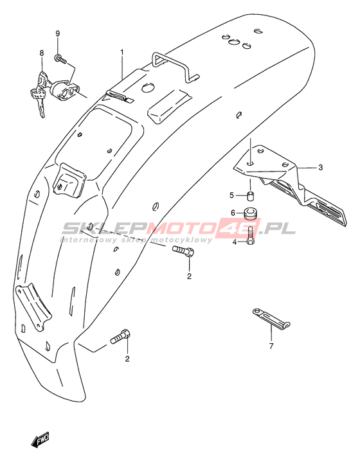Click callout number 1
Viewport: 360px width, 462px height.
[122, 53]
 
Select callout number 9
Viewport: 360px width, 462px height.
[58, 33]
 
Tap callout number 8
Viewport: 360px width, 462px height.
[42, 53]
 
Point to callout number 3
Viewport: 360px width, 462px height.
[321, 167]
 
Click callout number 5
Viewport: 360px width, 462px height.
[231, 195]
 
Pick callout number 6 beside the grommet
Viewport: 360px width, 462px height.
[233, 213]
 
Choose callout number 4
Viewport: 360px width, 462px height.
[235, 242]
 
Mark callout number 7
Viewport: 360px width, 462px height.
[271, 346]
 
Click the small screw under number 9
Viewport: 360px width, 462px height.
[60, 59]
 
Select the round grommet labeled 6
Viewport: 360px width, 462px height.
[251, 213]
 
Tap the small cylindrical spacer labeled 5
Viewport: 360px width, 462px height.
[251, 196]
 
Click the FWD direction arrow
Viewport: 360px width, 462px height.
[40, 440]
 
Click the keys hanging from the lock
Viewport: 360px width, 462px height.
[39, 101]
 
